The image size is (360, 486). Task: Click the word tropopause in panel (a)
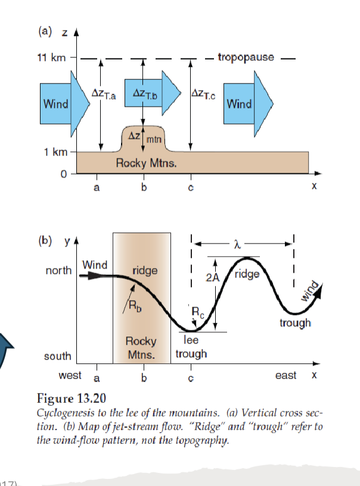click(x=246, y=58)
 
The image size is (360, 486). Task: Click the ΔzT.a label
click(x=104, y=93)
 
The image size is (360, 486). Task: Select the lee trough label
click(x=191, y=348)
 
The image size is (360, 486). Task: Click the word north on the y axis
click(x=58, y=270)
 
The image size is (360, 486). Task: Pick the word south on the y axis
click(x=58, y=356)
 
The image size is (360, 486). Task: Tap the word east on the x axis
click(x=286, y=376)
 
